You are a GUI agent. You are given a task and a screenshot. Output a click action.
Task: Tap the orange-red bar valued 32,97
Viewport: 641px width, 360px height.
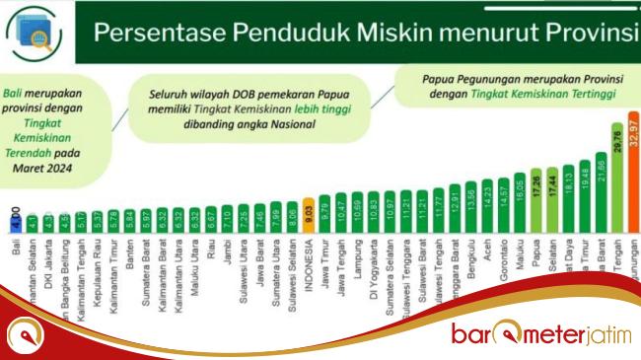pyautogui.click(x=634, y=173)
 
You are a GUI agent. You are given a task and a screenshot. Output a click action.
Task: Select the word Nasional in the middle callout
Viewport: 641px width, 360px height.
pyautogui.click(x=295, y=123)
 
